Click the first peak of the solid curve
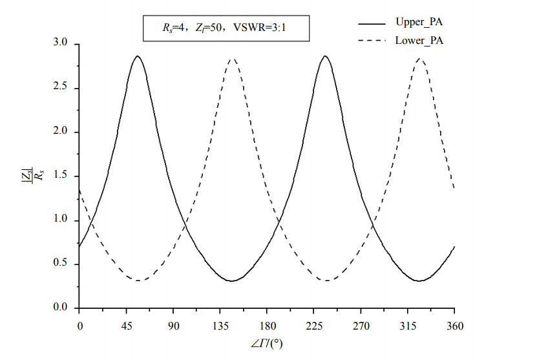137,56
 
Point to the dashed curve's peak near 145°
232,59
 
